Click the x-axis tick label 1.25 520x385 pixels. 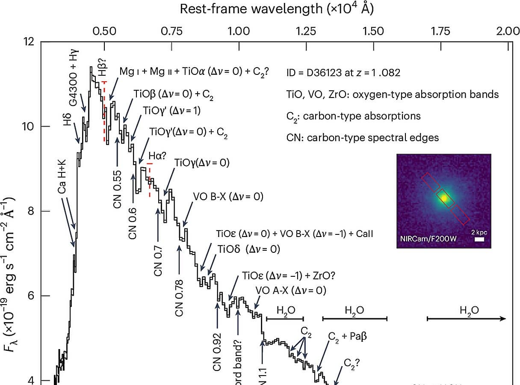click(306, 31)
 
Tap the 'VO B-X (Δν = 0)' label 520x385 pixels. click(228, 197)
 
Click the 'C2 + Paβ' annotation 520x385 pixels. click(347, 336)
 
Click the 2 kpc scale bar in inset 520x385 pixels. click(479, 240)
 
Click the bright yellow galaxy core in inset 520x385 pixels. click(444, 198)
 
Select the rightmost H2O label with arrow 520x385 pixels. click(469, 311)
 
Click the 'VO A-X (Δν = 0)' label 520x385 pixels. click(290, 291)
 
